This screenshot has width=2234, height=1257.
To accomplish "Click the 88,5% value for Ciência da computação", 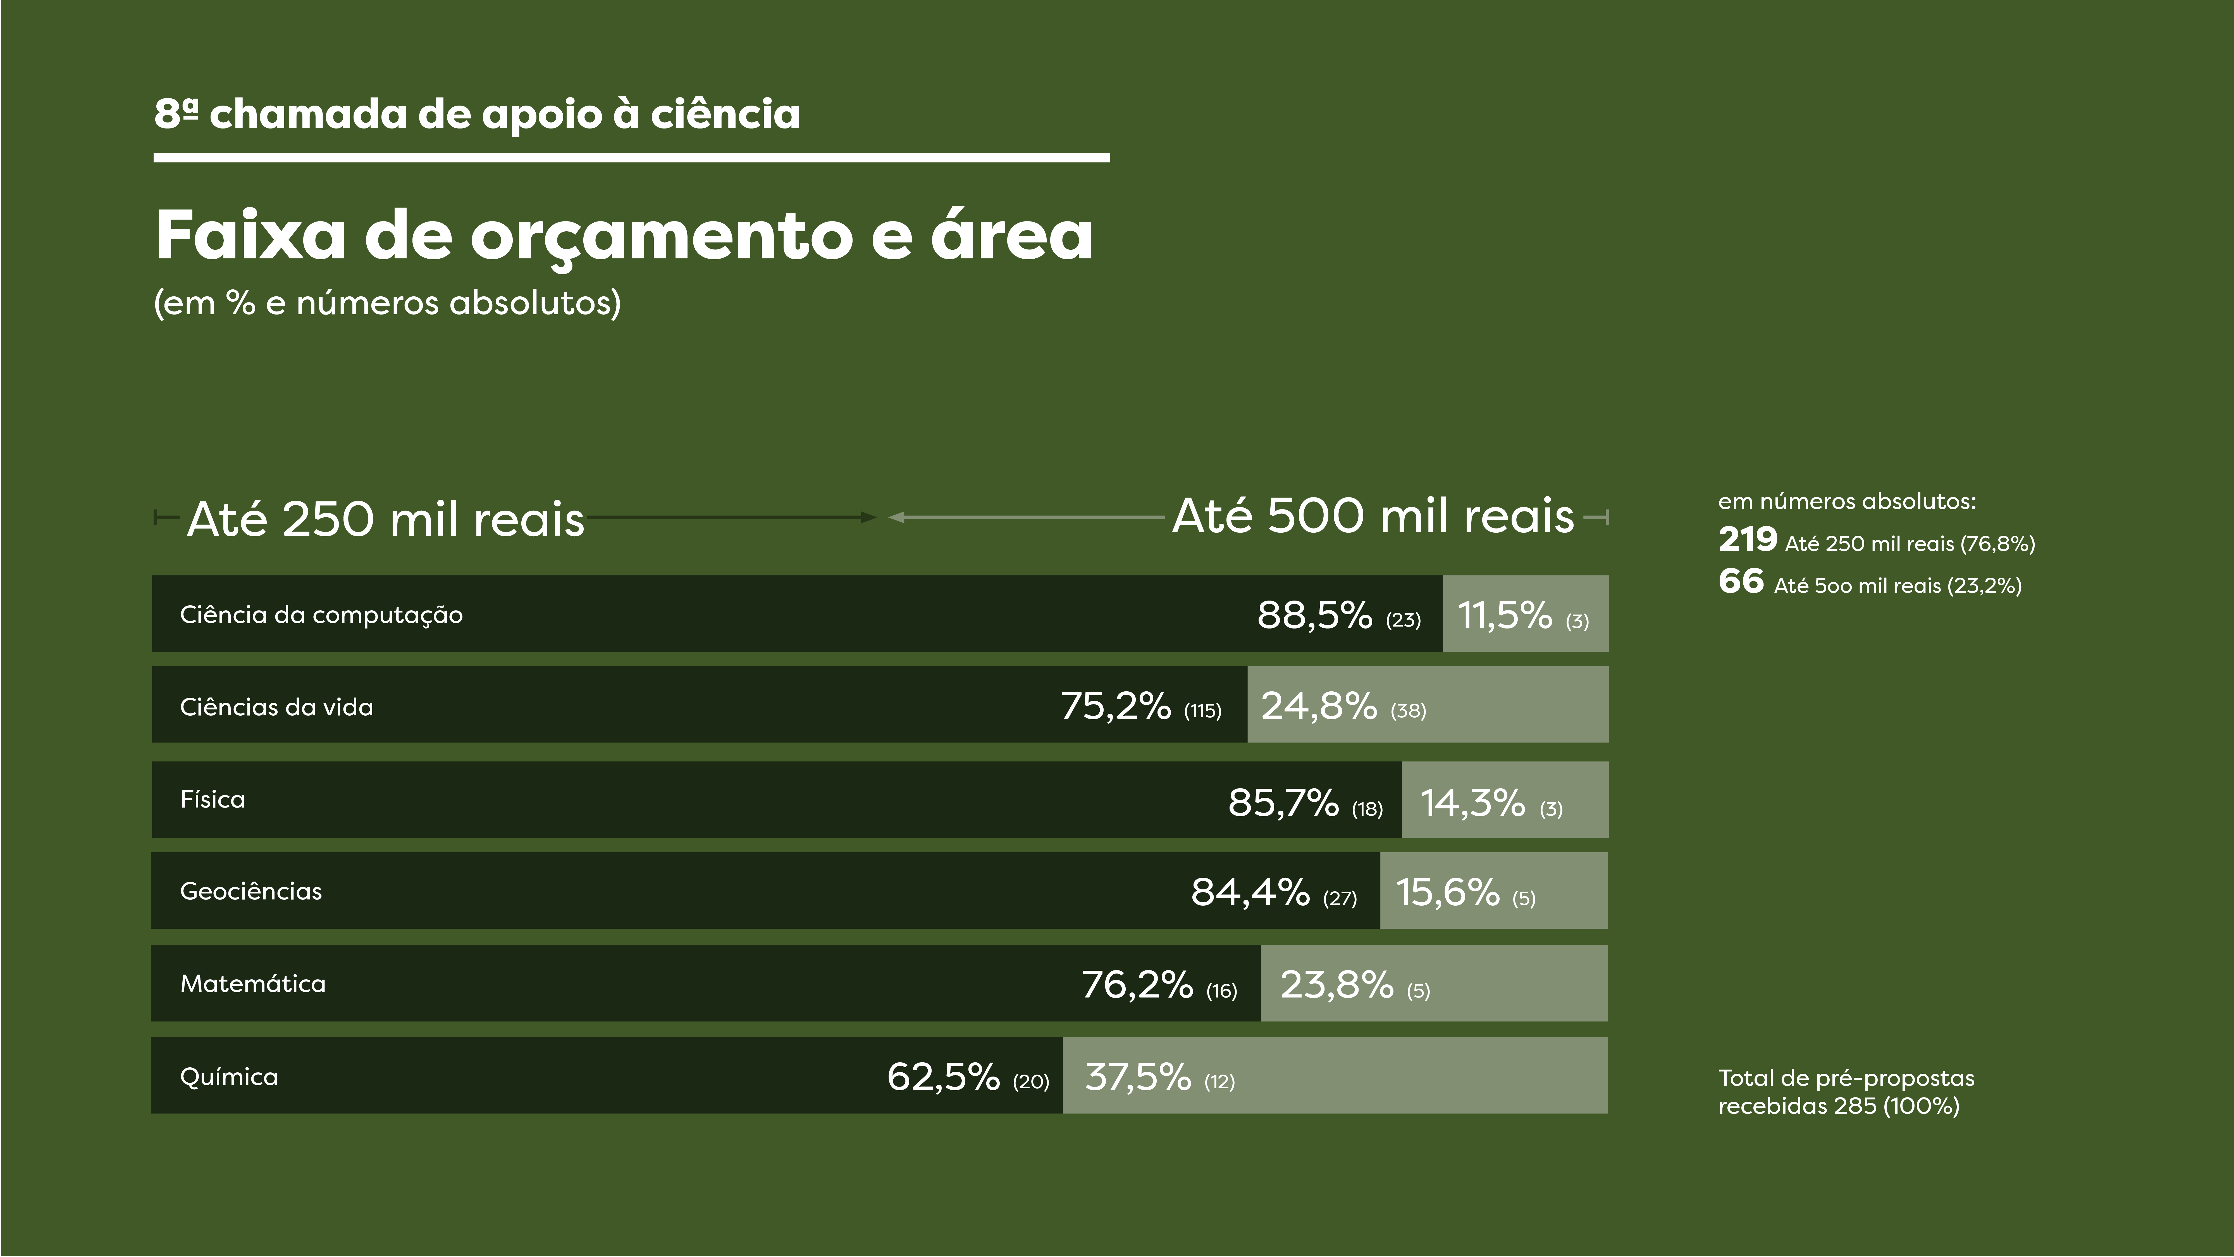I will tap(1314, 615).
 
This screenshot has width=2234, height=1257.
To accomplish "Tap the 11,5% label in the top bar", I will tap(1505, 615).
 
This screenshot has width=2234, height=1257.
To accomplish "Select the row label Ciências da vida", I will tap(277, 707).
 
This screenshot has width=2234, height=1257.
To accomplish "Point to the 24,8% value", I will tap(1318, 706).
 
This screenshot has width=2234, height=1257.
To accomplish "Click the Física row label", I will tap(213, 799).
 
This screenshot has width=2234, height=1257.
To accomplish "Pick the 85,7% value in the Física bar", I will tap(1283, 803).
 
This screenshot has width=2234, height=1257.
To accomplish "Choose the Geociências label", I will tap(251, 891).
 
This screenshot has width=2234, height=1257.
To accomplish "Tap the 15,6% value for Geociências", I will tap(1447, 892).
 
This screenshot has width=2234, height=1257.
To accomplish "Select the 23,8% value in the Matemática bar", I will tap(1336, 985).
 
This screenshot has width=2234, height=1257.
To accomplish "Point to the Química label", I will tap(229, 1077).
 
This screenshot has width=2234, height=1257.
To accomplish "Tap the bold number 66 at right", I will tap(1741, 581).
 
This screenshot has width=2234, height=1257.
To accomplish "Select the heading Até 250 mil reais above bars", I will tap(386, 519).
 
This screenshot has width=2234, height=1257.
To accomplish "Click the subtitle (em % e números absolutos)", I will tap(388, 303).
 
